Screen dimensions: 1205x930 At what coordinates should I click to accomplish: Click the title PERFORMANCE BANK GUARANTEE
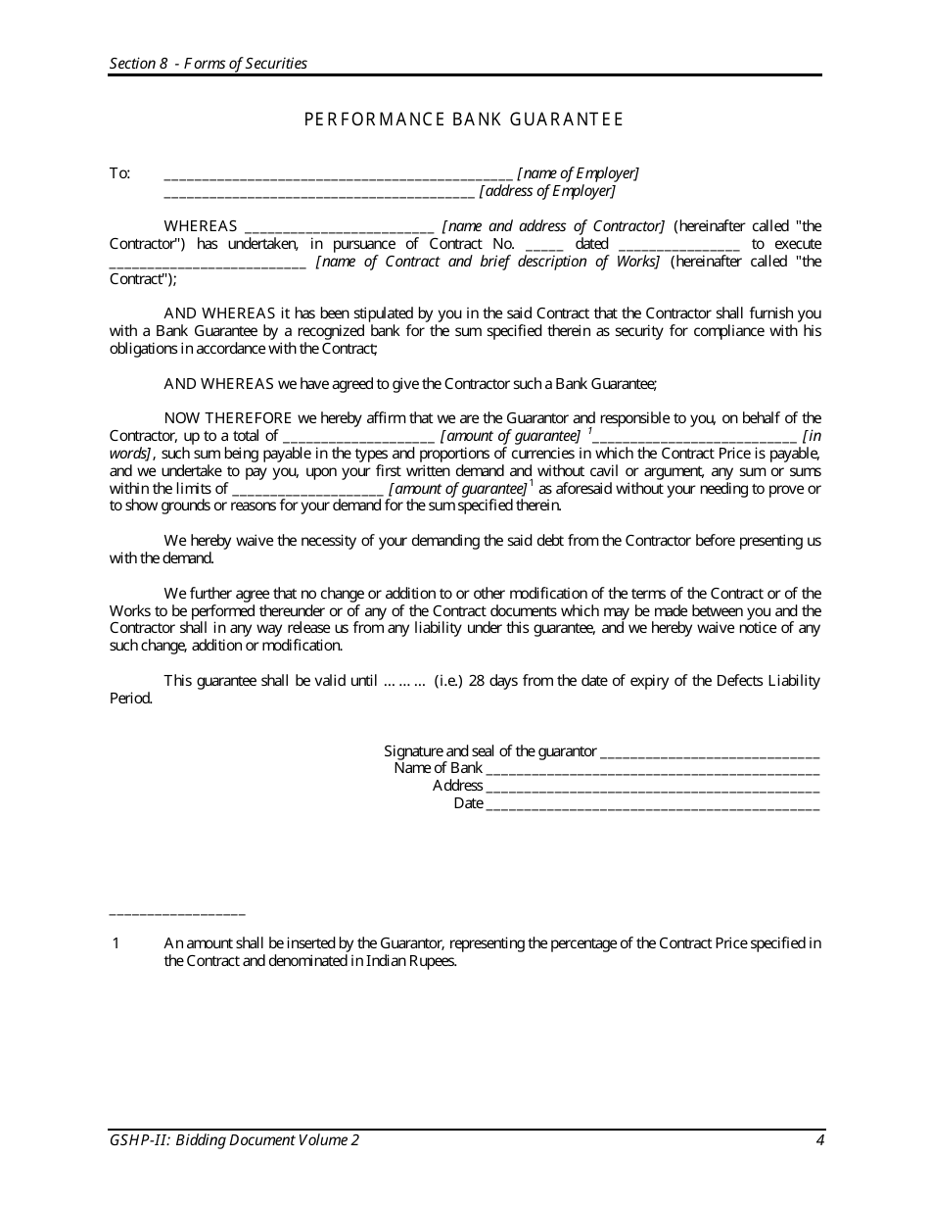[x=463, y=120]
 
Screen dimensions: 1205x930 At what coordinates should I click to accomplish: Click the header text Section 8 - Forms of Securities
[x=209, y=64]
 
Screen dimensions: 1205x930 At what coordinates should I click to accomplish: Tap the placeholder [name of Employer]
[x=578, y=173]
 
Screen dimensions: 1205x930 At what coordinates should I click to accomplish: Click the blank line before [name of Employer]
[x=338, y=175]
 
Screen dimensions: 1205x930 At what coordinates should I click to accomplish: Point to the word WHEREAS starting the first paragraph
[x=201, y=226]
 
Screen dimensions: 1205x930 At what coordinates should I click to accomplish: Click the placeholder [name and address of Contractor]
[x=553, y=226]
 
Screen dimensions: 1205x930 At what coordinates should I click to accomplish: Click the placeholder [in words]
[x=811, y=436]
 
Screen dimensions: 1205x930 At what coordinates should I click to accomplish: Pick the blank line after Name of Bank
[x=652, y=770]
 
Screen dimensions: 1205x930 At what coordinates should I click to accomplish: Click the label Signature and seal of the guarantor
[x=489, y=751]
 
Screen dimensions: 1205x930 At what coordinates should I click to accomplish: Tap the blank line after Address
[x=652, y=788]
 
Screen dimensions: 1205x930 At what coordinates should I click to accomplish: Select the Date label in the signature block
[x=468, y=803]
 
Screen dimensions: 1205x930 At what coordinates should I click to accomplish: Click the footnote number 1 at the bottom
[x=116, y=943]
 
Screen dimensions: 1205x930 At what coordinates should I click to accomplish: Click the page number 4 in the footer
[x=816, y=1140]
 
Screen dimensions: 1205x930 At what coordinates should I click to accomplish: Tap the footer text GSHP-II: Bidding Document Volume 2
[x=234, y=1140]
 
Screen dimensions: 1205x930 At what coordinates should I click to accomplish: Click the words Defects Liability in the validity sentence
[x=765, y=681]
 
